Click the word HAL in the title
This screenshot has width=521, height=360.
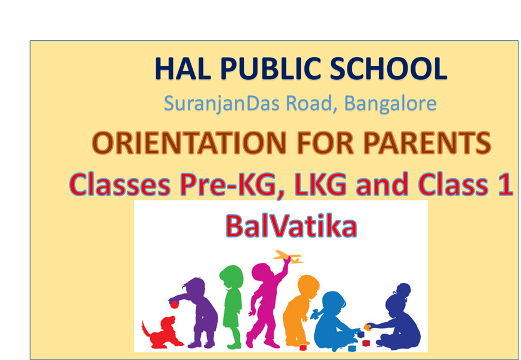[x=182, y=69]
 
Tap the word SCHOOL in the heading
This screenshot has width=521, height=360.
[x=388, y=69]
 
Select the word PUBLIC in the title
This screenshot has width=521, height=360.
[x=270, y=69]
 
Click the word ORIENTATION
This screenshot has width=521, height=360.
[x=189, y=143]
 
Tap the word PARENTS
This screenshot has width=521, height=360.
[x=427, y=143]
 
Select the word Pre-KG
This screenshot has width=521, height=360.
[x=228, y=184]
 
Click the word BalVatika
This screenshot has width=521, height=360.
[x=291, y=226]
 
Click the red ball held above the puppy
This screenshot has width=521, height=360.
[x=175, y=304]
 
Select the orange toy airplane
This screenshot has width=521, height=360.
[x=288, y=256]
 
